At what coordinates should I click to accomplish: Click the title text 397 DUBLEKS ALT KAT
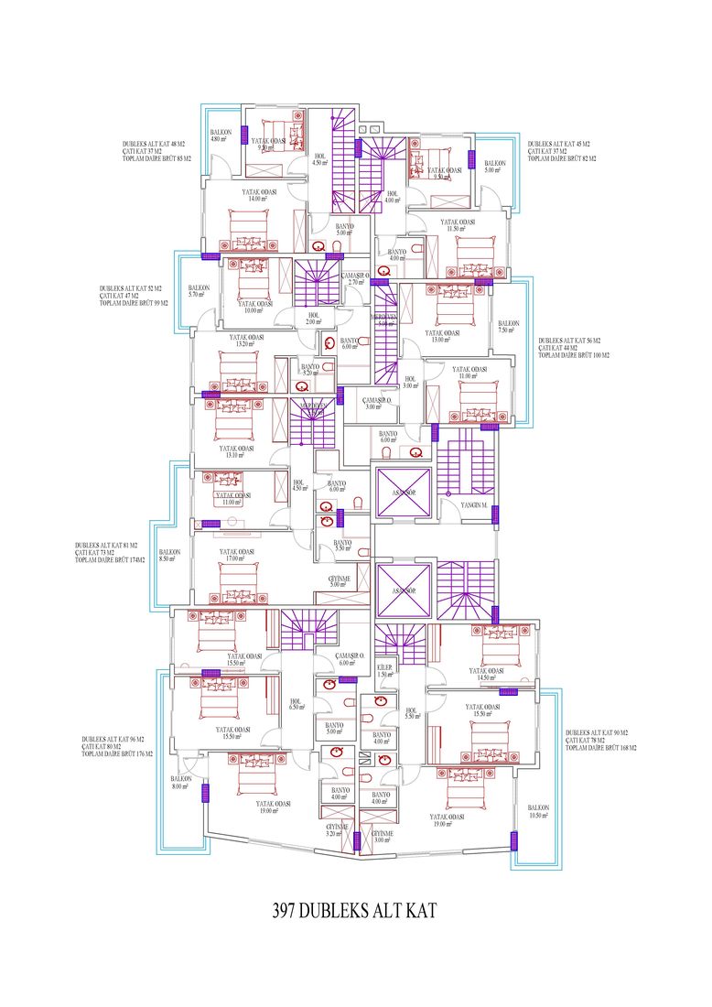356,912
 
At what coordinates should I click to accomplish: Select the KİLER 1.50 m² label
385,671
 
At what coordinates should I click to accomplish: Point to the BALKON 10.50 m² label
537,811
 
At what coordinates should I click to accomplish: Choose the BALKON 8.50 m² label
169,556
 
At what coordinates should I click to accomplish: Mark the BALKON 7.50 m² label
509,327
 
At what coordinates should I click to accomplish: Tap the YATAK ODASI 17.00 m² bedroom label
236,555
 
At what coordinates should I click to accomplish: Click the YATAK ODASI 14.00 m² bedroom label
260,195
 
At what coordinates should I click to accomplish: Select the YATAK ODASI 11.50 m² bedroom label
458,225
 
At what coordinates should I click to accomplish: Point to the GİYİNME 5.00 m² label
340,580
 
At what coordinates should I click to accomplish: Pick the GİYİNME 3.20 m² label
339,830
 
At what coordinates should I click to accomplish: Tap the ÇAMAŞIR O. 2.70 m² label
356,279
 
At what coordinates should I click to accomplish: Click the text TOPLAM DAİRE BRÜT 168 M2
601,748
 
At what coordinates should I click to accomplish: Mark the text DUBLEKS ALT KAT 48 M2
154,145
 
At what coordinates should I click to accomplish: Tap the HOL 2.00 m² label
314,319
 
